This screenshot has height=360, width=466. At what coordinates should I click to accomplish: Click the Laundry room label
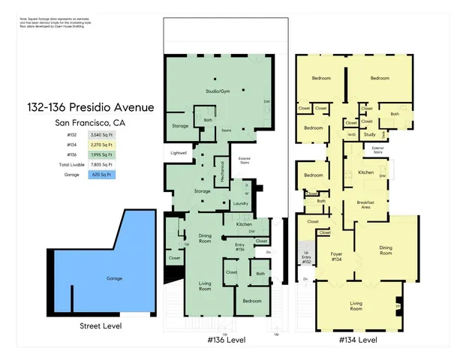tap(240, 203)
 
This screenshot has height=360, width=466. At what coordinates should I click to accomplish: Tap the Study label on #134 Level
tap(370, 135)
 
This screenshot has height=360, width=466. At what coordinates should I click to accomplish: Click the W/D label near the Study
tap(351, 135)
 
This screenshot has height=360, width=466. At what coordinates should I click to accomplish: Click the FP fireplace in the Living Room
tap(398, 307)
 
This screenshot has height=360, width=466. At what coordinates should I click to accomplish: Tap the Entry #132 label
tap(305, 260)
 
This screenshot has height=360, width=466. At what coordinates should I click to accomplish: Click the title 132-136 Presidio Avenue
tap(104, 107)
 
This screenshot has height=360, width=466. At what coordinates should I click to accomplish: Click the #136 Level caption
tap(226, 340)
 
